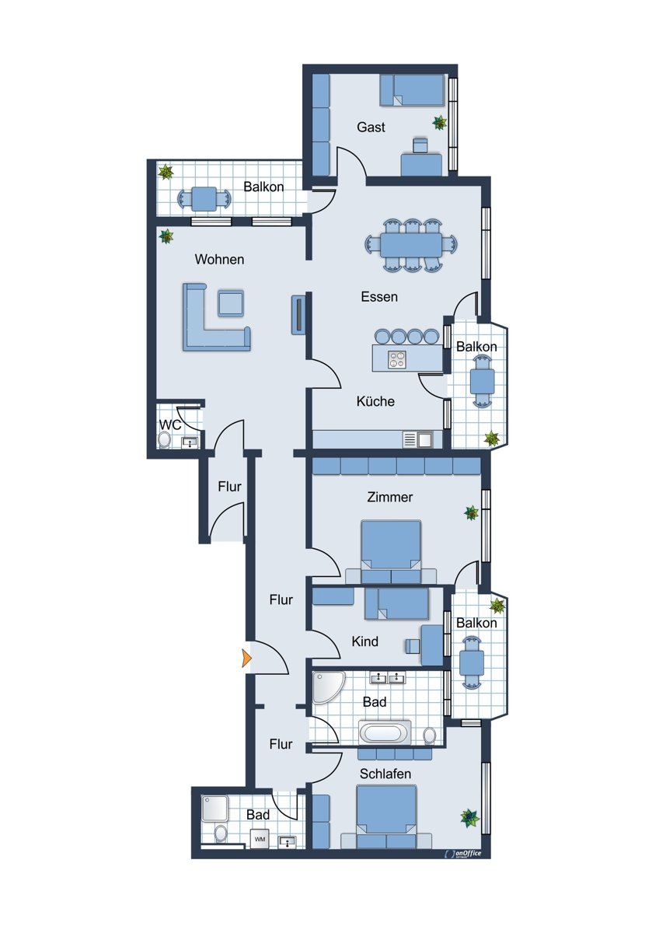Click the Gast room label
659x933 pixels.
pos(371,127)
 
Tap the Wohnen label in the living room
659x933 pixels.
pos(219,260)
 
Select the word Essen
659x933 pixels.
pos(378,297)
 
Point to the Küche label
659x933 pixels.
pos(375,401)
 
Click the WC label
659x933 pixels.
pos(170,425)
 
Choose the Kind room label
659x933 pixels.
pos(364,641)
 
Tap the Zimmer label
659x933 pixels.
pos(389,497)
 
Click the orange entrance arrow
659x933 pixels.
pos(246,659)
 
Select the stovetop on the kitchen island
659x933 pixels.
pos(397,359)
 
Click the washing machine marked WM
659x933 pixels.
pos(260,838)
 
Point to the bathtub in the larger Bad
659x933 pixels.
pos(385,732)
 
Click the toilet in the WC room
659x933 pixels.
pos(165,440)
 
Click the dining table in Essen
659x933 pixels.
pos(410,245)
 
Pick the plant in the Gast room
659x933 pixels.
pos(439,123)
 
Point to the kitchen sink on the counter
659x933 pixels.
pos(425,440)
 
